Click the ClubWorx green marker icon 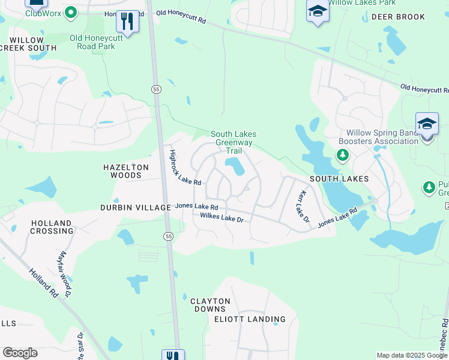pyautogui.click(x=71, y=12)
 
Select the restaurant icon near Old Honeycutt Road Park pyautogui.click(x=127, y=22)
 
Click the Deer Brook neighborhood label pyautogui.click(x=398, y=17)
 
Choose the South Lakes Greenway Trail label pyautogui.click(x=233, y=142)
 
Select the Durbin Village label pyautogui.click(x=136, y=208)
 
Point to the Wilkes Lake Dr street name pyautogui.click(x=221, y=217)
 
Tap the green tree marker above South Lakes pyautogui.click(x=342, y=155)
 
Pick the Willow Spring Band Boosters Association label pyautogui.click(x=382, y=137)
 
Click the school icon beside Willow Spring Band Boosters pyautogui.click(x=427, y=124)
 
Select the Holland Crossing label pyautogui.click(x=52, y=227)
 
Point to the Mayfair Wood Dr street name pyautogui.click(x=65, y=275)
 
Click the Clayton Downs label pyautogui.click(x=210, y=305)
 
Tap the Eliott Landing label pyautogui.click(x=250, y=319)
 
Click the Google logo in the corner pyautogui.click(x=20, y=353)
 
